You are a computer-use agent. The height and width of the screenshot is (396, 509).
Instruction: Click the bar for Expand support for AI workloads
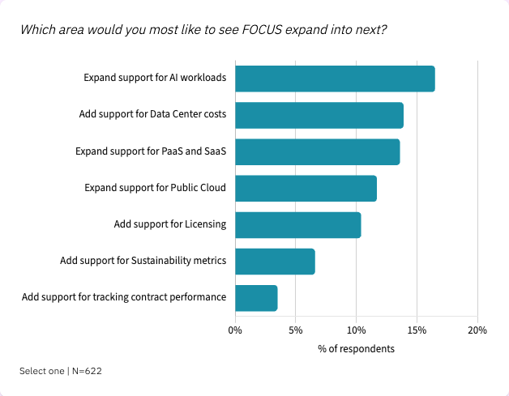[335, 79]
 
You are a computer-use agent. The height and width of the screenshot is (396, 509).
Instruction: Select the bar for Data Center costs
[319, 115]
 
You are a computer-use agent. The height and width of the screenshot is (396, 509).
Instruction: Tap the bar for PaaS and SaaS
[317, 151]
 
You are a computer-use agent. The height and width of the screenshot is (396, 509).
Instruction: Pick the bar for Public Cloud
[306, 188]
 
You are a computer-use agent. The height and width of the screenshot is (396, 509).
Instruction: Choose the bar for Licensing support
[297, 224]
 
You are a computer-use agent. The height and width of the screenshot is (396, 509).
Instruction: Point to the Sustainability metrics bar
[275, 261]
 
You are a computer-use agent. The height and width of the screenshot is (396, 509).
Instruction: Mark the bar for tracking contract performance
[256, 297]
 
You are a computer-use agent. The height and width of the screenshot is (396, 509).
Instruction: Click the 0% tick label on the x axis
[235, 330]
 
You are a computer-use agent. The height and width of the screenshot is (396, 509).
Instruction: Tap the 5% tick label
[296, 330]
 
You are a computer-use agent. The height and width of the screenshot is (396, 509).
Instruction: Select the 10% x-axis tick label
[356, 330]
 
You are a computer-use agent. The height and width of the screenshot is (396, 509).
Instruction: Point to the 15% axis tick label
[417, 330]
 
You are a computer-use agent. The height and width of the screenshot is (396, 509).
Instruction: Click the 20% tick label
[477, 330]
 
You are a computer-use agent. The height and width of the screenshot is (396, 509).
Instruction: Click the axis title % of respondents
[356, 349]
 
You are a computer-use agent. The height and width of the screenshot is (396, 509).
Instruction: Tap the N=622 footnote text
[86, 371]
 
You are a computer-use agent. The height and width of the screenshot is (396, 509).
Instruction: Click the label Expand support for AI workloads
[155, 79]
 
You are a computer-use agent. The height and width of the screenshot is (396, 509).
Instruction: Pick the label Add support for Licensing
[169, 224]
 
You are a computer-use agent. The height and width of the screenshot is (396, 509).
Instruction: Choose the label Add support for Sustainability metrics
[143, 261]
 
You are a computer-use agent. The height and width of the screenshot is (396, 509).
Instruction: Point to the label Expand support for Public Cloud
[155, 188]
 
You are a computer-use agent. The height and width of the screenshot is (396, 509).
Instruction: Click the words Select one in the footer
[41, 371]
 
